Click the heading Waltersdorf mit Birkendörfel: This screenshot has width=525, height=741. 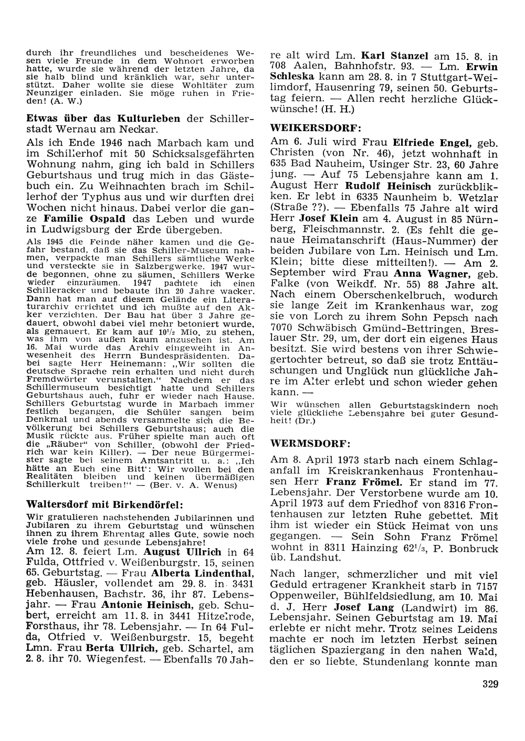click(104, 504)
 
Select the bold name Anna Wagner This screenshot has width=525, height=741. click(425, 273)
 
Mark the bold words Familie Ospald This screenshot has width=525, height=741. click(85, 219)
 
